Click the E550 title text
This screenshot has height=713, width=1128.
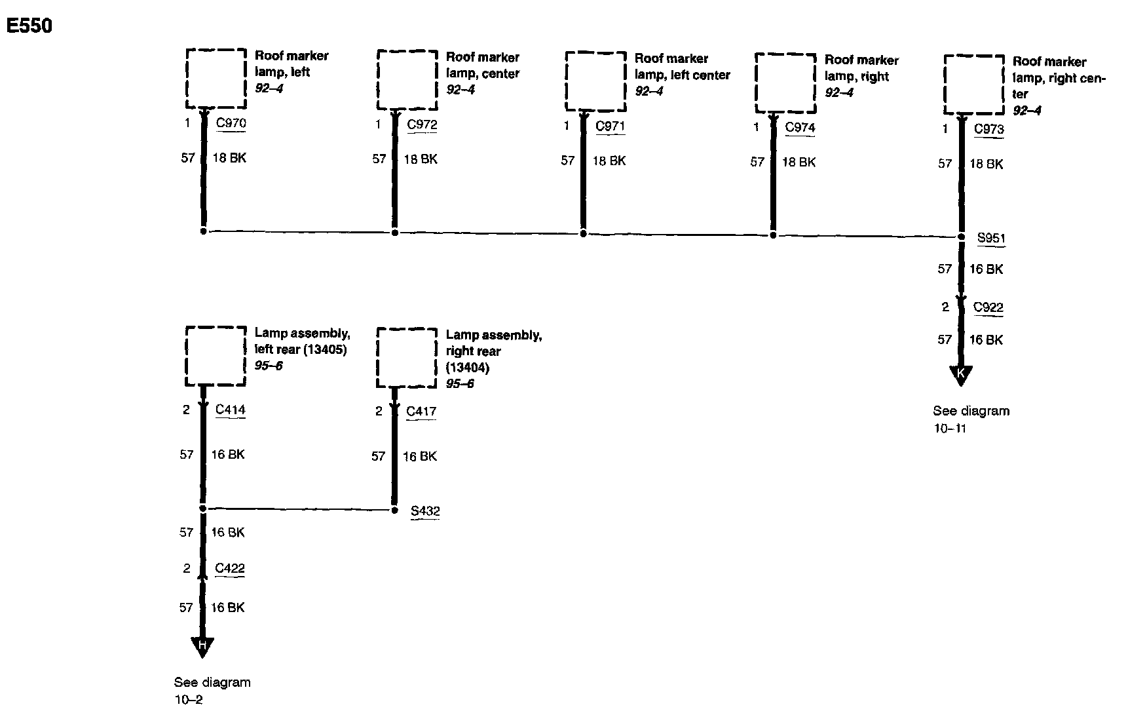(x=29, y=26)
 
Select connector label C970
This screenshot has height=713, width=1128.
(x=231, y=123)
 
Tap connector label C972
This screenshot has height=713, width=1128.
(x=422, y=125)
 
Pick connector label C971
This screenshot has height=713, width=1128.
(x=610, y=126)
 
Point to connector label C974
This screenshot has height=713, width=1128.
(x=800, y=127)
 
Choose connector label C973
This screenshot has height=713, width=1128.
(x=988, y=129)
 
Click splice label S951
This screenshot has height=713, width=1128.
(x=991, y=238)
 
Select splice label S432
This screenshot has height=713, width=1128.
(x=425, y=511)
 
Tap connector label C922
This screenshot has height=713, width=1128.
(x=988, y=307)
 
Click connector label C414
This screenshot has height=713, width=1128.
(x=231, y=410)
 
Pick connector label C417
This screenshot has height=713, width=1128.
(x=421, y=412)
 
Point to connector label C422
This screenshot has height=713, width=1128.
(x=230, y=568)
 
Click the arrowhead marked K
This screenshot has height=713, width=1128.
(x=961, y=375)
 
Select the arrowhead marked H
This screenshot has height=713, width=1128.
(x=202, y=646)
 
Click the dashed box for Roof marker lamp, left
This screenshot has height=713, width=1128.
(x=216, y=79)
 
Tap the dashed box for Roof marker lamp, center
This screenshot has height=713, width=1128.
(x=407, y=80)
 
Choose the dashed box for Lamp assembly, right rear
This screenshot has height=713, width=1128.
(x=407, y=358)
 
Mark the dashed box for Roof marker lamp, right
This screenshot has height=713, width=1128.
(x=785, y=83)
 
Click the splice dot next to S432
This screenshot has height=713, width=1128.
(x=394, y=510)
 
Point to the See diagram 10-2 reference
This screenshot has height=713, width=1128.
(x=212, y=691)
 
